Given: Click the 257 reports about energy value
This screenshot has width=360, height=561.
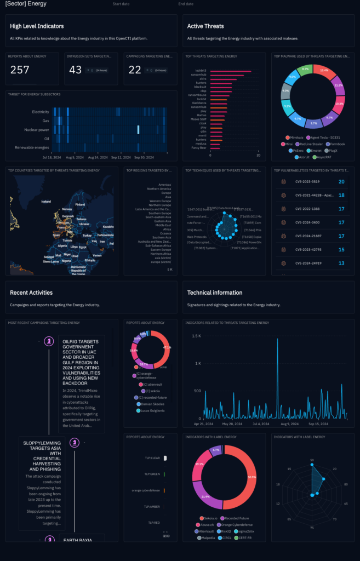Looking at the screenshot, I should tap(20, 70).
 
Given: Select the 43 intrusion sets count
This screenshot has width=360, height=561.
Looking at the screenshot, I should tap(75, 70).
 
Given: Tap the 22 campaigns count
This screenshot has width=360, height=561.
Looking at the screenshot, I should tap(134, 70).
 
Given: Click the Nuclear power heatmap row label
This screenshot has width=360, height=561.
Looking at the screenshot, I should tap(36, 130).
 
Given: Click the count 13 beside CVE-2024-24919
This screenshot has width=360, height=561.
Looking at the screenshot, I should tap(341, 263).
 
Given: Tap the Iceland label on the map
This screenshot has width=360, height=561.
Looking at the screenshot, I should tap(46, 201).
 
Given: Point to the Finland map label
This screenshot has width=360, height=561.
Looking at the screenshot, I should tap(80, 205).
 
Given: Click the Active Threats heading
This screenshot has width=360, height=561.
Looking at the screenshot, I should tap(205, 26).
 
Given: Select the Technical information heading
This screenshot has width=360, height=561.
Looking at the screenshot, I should tap(215, 293).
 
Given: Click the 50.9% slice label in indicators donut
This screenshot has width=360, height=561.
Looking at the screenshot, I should tap(252, 477).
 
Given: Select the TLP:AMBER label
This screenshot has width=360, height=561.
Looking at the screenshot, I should tap(152, 507).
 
